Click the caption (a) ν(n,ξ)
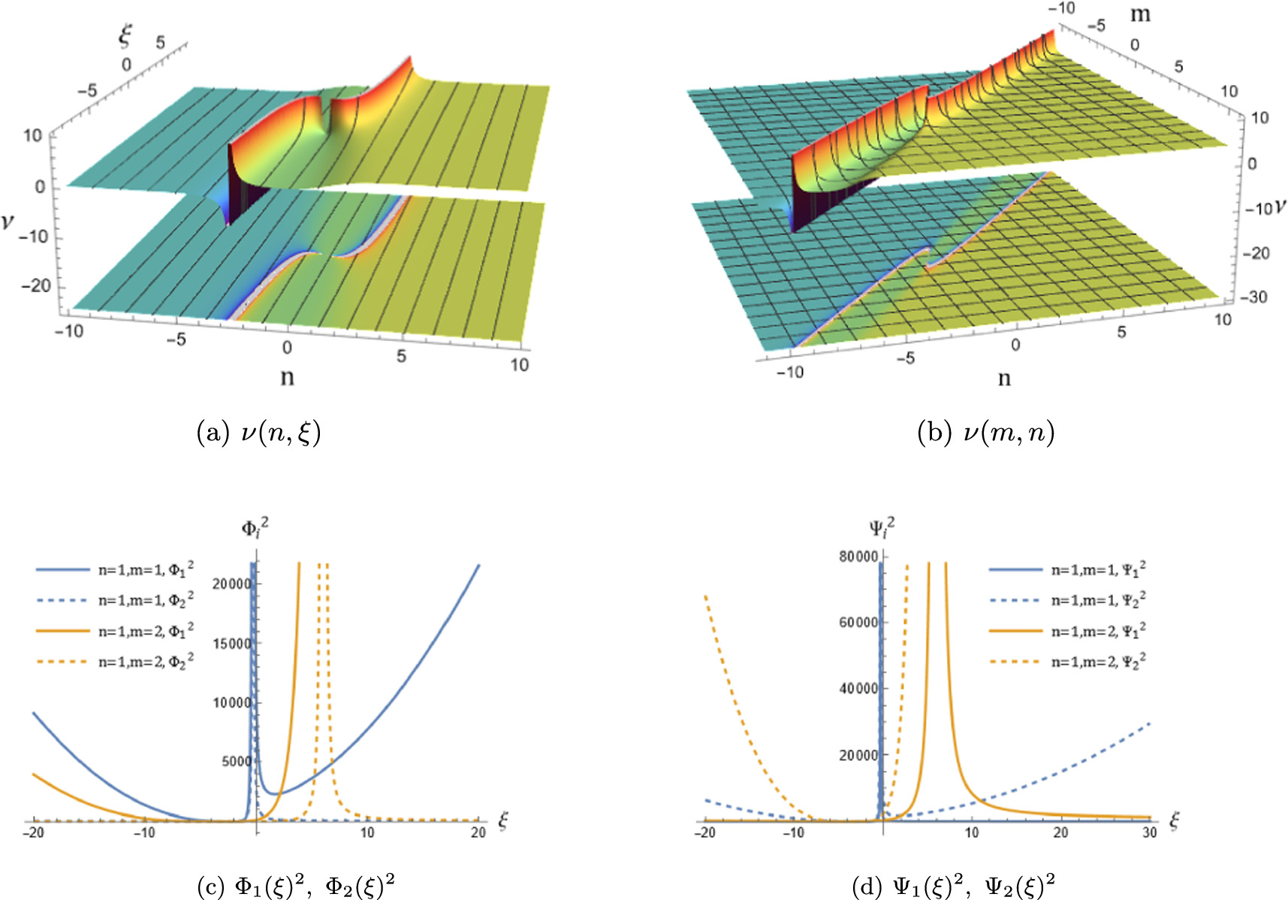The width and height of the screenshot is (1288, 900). point(259,433)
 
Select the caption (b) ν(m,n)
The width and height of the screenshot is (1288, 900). point(985,433)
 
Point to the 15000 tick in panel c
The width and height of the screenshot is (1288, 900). point(231,644)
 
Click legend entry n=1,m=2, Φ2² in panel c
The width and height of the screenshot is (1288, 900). point(146,662)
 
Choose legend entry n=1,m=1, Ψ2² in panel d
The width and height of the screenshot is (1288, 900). point(1098,601)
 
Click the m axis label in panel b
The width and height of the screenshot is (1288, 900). point(1139,14)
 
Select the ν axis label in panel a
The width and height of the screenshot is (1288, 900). point(8,221)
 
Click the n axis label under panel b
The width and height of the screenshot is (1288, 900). point(1004,378)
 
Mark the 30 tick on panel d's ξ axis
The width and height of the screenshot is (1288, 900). point(1149,833)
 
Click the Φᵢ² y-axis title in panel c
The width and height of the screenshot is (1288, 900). point(255,528)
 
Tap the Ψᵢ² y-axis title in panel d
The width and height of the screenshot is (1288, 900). point(882,528)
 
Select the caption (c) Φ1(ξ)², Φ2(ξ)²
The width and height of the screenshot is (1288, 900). point(295,887)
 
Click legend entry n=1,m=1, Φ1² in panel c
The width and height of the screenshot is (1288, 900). point(146,571)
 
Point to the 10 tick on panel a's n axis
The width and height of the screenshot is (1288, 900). point(519,365)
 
